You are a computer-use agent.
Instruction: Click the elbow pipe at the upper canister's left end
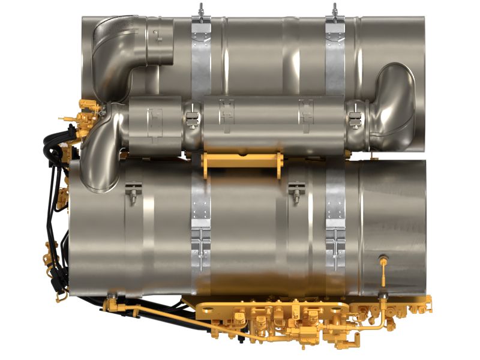[120, 54]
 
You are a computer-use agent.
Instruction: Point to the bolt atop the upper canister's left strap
[201, 9]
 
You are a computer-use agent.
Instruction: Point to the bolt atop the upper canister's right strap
[334, 9]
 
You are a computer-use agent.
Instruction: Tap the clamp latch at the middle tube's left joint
[191, 117]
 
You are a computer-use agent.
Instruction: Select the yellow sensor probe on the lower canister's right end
[382, 270]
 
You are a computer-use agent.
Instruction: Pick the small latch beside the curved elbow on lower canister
[133, 192]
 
